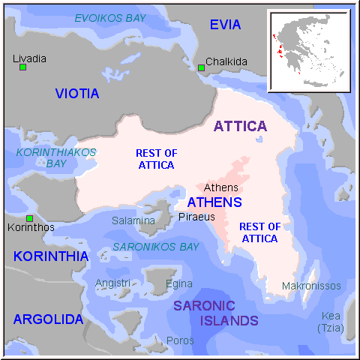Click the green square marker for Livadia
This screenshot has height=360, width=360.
coord(22,67)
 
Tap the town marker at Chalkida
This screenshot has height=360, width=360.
coord(201,68)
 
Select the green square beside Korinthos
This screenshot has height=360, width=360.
coord(29,218)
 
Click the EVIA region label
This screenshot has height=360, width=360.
coord(225,25)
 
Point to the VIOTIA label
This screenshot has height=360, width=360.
coord(77,94)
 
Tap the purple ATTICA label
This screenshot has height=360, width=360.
coord(240,126)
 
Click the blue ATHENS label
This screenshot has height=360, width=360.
coord(214,202)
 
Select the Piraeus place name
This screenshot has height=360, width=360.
coord(196,217)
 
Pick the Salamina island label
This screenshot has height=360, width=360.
coord(133,220)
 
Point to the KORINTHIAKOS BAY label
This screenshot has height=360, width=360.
coord(56,157)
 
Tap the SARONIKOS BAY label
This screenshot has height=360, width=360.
coord(156,247)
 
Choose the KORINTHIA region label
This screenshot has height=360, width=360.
coord(50,256)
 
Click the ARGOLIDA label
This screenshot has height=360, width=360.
coord(48,319)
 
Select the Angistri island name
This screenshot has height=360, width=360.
coord(112,283)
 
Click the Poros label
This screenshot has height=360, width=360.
coord(180,340)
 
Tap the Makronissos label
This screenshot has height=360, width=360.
coord(311,286)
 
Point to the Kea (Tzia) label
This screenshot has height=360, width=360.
coord(330,322)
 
